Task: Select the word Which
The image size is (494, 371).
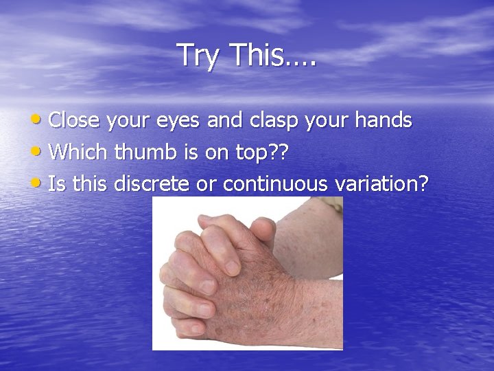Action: tap(78, 153)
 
